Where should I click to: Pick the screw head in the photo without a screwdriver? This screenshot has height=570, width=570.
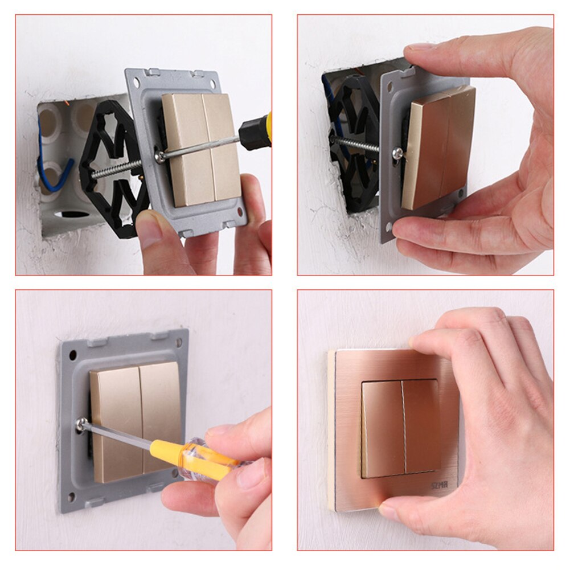[397, 153]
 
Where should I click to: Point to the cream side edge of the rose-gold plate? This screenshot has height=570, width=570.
[331, 427]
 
